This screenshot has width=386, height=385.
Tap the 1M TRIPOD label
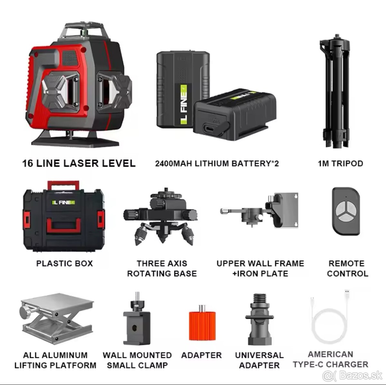coord(341,164)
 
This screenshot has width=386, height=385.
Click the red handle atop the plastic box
coord(63,185)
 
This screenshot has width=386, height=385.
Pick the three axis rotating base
coord(160,217)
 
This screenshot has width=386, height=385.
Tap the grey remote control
coord(346,212)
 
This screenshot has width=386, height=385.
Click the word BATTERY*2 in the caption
coord(255,164)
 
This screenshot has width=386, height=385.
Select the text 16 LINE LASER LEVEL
coord(79,163)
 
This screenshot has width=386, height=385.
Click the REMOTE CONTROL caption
coord(347,268)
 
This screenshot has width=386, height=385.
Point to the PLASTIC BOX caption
coord(65,263)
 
